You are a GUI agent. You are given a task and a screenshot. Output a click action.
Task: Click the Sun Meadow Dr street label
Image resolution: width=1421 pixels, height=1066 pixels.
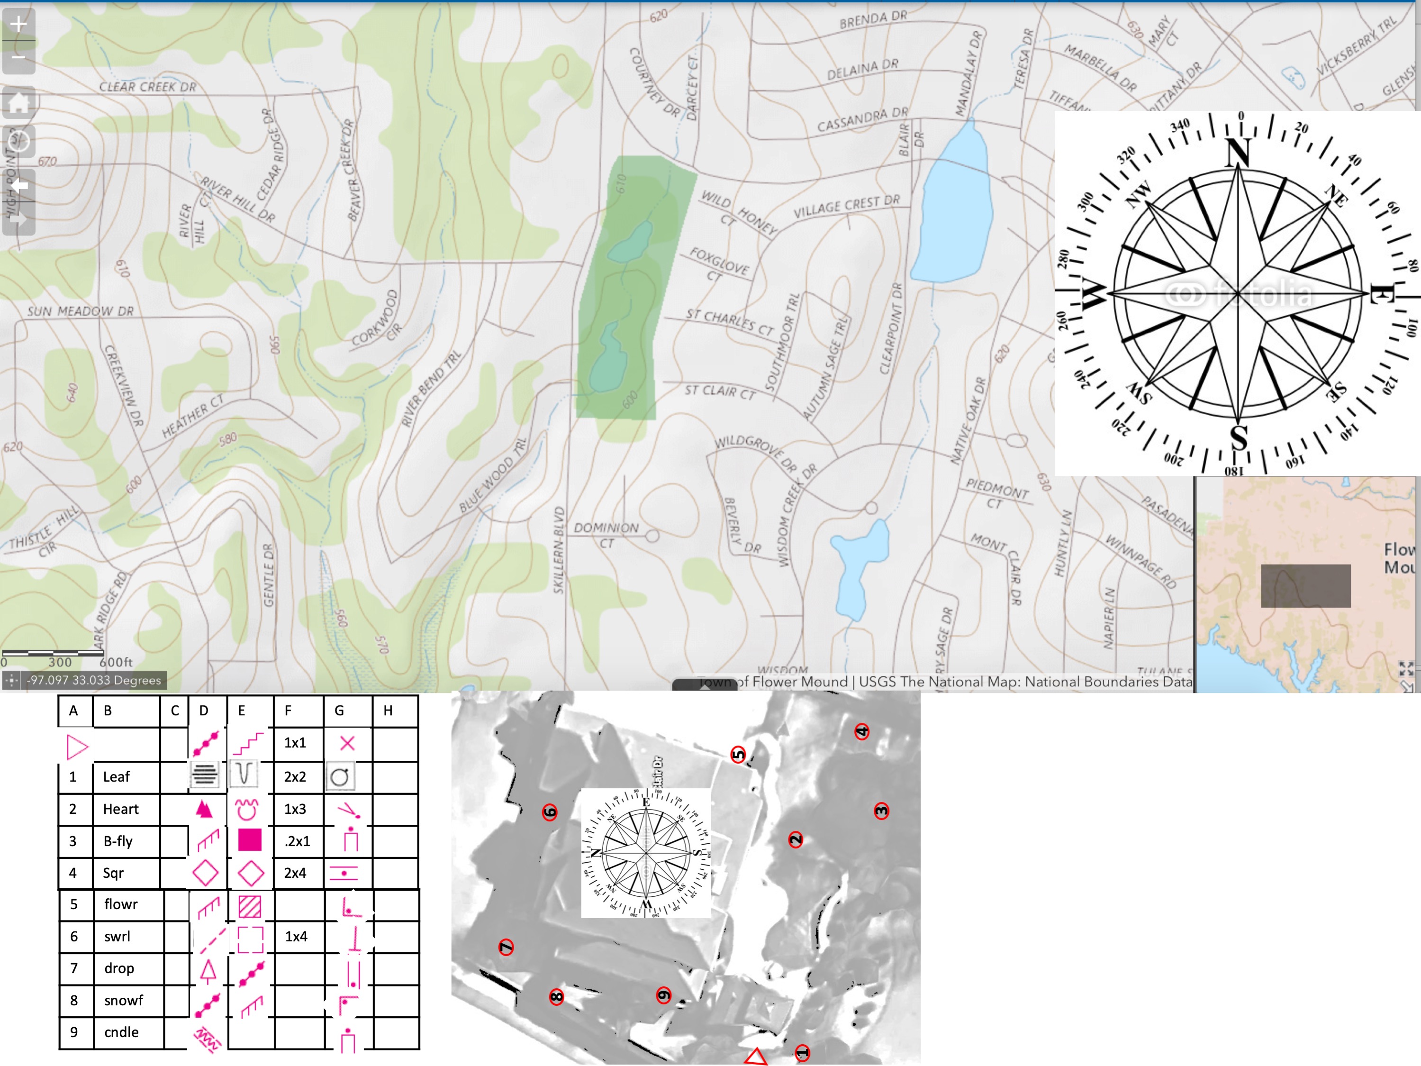[x=80, y=311]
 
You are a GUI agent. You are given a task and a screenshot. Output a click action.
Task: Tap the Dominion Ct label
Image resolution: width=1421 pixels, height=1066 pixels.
[x=606, y=535]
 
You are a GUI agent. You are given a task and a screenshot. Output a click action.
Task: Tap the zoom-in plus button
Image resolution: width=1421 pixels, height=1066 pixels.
[x=18, y=25]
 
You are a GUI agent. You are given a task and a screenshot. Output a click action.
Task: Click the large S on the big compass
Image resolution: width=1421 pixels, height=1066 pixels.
[x=1239, y=438]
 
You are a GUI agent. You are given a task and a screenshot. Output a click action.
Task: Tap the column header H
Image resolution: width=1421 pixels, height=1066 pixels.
[x=388, y=711]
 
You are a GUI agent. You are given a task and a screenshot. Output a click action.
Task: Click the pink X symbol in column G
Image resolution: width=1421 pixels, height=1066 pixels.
[x=347, y=743]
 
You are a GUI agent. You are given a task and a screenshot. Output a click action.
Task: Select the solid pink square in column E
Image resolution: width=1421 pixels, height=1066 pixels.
[x=249, y=840]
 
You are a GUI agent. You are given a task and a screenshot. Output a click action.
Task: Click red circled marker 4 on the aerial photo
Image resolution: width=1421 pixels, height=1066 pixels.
[x=861, y=731]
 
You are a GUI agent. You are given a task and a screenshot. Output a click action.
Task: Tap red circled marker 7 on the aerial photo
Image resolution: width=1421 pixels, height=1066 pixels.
[x=506, y=947]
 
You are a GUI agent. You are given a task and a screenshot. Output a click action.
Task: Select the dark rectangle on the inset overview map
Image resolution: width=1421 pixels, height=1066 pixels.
[x=1305, y=586]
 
